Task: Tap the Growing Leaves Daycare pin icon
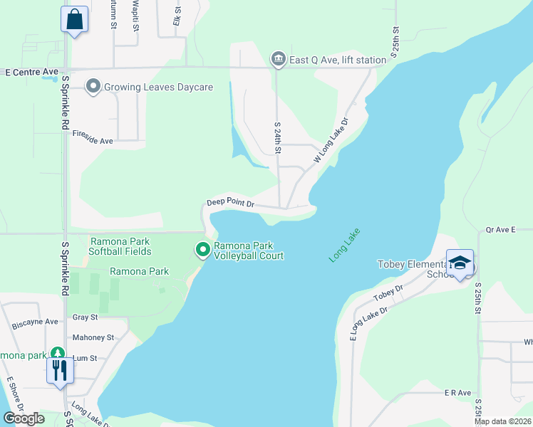pos(93,87)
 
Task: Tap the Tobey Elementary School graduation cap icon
pos(460,263)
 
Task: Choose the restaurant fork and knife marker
pos(60,370)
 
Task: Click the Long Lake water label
pos(345,245)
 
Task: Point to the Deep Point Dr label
pos(230,204)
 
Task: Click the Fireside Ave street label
pos(93,141)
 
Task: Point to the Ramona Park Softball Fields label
pos(120,246)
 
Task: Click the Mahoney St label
pos(93,337)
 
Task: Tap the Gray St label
pos(80,317)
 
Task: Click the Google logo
pos(24,418)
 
